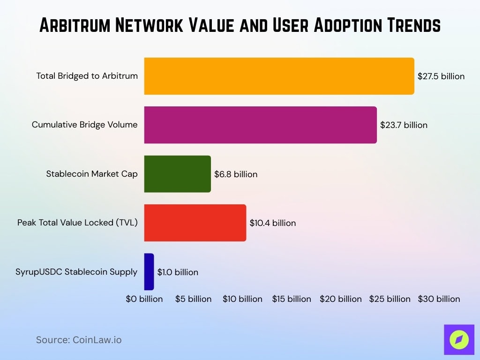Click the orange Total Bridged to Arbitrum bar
pos(279,76)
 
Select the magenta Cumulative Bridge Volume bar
pos(260,125)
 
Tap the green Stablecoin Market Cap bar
pos(177,174)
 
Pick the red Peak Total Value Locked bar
pos(195,223)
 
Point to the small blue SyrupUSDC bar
pos(149,272)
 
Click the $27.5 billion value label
pos(441,76)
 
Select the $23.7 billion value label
pos(404,125)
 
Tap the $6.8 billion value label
pos(236,174)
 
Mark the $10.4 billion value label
pos(272,223)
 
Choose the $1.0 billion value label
pos(177,272)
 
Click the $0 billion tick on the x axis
pos(144,299)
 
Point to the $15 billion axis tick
pos(292,299)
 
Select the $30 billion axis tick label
pos(439,299)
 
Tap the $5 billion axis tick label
pos(193,299)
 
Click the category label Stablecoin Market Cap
pos(92,174)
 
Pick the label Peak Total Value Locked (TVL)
pos(77,223)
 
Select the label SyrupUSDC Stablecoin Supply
pos(76,272)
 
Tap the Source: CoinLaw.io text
pos(79,340)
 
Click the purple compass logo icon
pos(459,339)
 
